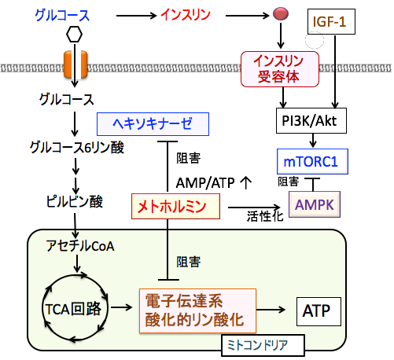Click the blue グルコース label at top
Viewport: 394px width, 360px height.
(62, 15)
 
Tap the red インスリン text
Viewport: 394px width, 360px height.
(186, 15)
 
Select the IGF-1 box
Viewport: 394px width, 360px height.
(331, 21)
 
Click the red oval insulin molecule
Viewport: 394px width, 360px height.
(281, 13)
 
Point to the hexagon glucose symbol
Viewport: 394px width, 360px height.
(74, 35)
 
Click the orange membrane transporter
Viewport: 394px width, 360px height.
(75, 64)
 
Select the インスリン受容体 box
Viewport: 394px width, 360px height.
(280, 69)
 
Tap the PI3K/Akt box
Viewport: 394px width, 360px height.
(311, 121)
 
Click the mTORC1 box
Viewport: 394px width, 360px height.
(312, 161)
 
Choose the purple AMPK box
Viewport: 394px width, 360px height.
(315, 204)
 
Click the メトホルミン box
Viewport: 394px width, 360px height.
(175, 207)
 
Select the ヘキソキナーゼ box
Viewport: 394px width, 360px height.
(153, 124)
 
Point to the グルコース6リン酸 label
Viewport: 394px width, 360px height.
(77, 148)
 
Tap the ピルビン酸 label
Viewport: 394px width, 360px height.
(75, 201)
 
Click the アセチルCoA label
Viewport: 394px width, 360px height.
(80, 246)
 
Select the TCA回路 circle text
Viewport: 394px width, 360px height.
(73, 309)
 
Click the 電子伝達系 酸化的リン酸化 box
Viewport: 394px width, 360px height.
(197, 310)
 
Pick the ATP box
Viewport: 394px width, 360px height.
(319, 311)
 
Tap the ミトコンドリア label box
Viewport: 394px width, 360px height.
(263, 345)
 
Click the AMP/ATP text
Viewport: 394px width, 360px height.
(205, 183)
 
